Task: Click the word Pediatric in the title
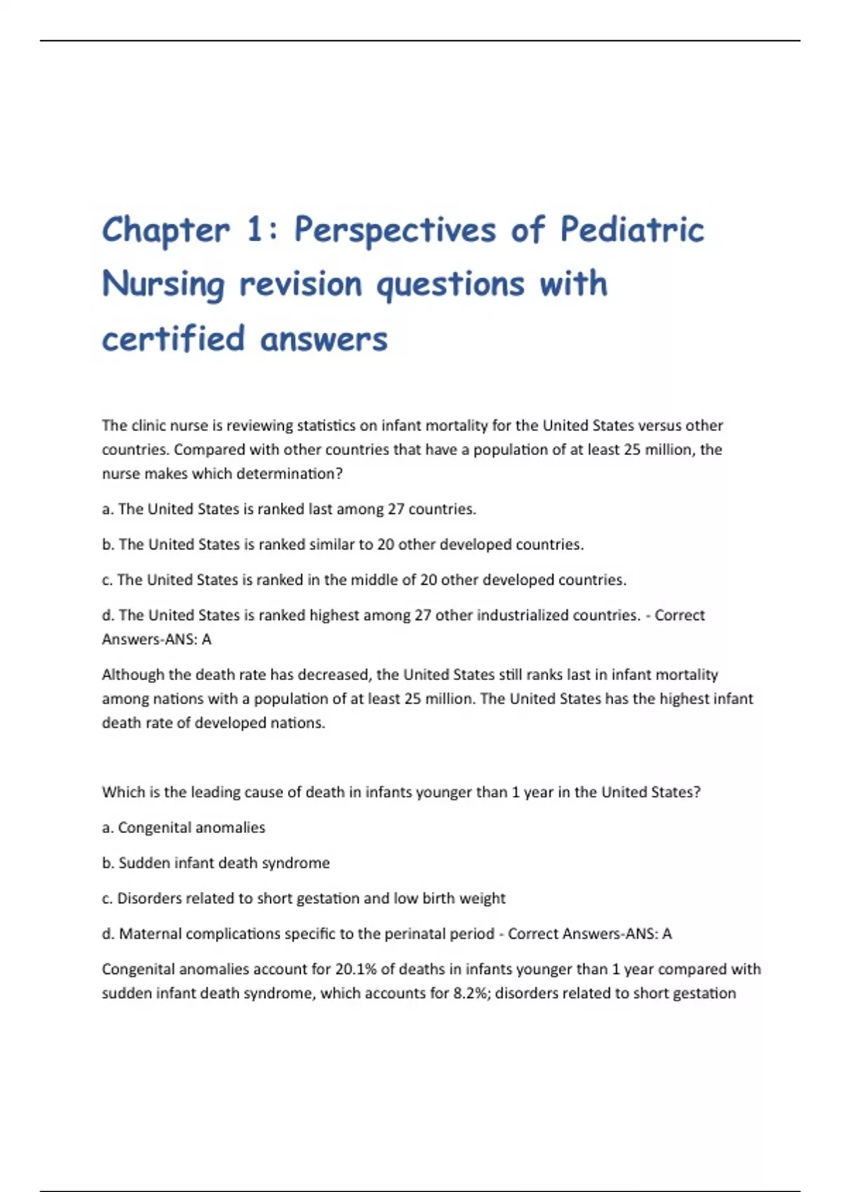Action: coord(632,230)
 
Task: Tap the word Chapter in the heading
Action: coord(165,230)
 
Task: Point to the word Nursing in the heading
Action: coord(163,285)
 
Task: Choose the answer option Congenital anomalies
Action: coord(191,827)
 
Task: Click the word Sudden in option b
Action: coord(142,863)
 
